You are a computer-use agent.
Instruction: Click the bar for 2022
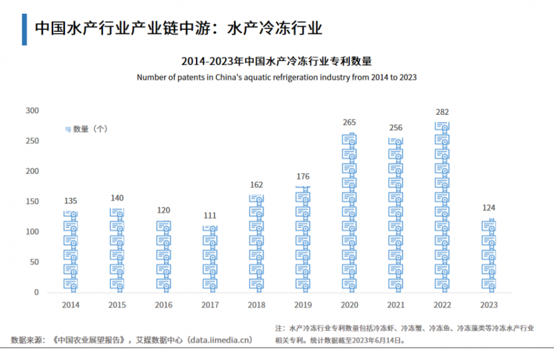click(443, 208)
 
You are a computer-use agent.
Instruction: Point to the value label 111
click(211, 215)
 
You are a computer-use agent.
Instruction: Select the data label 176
click(303, 177)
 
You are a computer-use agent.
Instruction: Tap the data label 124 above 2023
click(489, 208)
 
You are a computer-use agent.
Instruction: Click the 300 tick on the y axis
click(33, 111)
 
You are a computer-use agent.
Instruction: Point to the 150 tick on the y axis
click(33, 201)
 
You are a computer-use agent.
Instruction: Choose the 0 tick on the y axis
click(37, 293)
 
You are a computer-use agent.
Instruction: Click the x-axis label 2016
click(163, 305)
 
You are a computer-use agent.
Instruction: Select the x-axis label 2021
click(395, 305)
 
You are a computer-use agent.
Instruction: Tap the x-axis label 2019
click(303, 305)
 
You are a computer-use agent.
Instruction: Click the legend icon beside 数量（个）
click(68, 129)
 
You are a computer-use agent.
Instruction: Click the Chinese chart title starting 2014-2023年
click(276, 61)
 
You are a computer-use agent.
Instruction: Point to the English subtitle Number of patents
click(276, 77)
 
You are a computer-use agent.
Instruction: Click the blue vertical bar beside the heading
click(24, 28)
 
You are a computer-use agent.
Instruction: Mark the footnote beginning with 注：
click(406, 334)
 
